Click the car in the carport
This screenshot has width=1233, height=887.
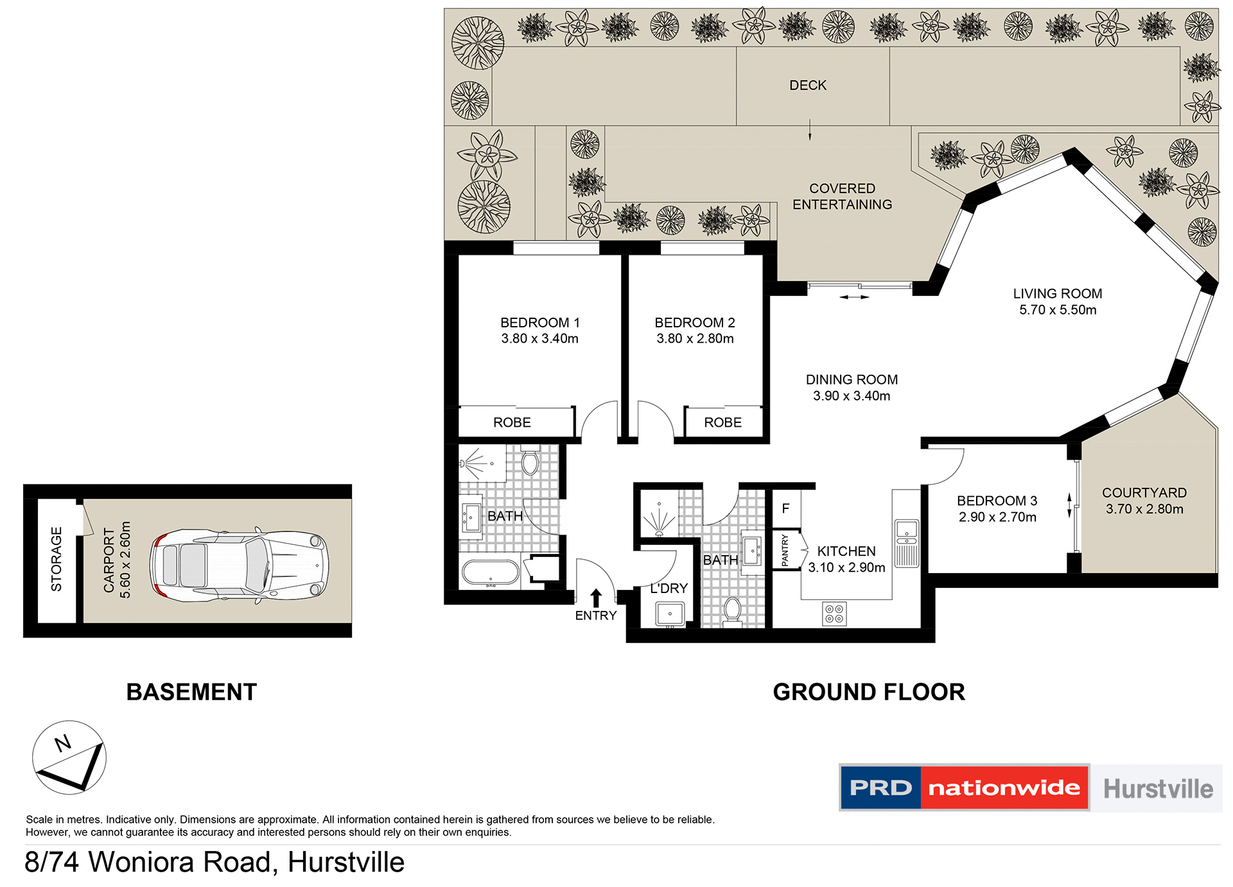[x=239, y=565]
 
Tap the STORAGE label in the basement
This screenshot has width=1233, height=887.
[x=57, y=559]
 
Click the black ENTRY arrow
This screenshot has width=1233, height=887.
[x=596, y=598]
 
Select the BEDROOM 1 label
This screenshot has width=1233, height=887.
[x=539, y=322]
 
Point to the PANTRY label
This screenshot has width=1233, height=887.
[x=785, y=550]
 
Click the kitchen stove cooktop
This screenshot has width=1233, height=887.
[x=834, y=614]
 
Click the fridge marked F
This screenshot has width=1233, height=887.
[x=785, y=508]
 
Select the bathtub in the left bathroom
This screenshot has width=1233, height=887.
[x=491, y=572]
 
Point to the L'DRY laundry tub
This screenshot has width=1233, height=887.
[x=670, y=614]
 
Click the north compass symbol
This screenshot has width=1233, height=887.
[x=69, y=757]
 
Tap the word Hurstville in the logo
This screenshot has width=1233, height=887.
[x=1158, y=789]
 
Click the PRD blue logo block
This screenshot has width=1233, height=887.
[x=880, y=788]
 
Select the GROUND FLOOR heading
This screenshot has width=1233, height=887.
[x=868, y=692]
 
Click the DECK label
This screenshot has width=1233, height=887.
[x=808, y=85]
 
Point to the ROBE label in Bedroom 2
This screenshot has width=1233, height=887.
[x=722, y=422]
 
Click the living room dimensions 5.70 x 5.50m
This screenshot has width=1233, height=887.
[x=1058, y=310]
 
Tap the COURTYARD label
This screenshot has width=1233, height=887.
[x=1144, y=493]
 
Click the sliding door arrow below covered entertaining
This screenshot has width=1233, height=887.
[x=854, y=297]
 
